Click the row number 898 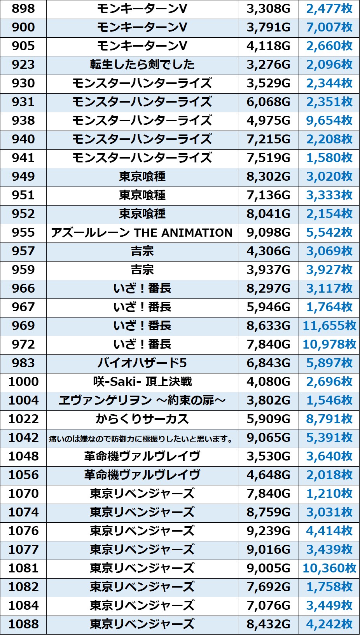[x=23, y=9]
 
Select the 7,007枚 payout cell [x=329, y=27]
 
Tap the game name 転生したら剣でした [x=142, y=65]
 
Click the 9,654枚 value [x=329, y=120]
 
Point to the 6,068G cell [x=268, y=102]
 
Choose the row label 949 [x=23, y=176]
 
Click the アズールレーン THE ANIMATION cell [x=142, y=232]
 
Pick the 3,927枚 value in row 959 [x=329, y=270]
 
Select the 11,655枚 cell [x=329, y=326]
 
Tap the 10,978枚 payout [x=329, y=344]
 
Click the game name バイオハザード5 [x=142, y=363]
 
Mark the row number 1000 [x=23, y=382]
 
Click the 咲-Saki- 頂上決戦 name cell [x=142, y=382]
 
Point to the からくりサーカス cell [x=142, y=419]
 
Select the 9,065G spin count [x=268, y=438]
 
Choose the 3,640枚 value [x=329, y=456]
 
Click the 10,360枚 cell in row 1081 [x=329, y=568]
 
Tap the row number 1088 [x=23, y=624]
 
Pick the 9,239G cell [x=268, y=531]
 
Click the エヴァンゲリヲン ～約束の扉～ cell [x=142, y=400]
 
